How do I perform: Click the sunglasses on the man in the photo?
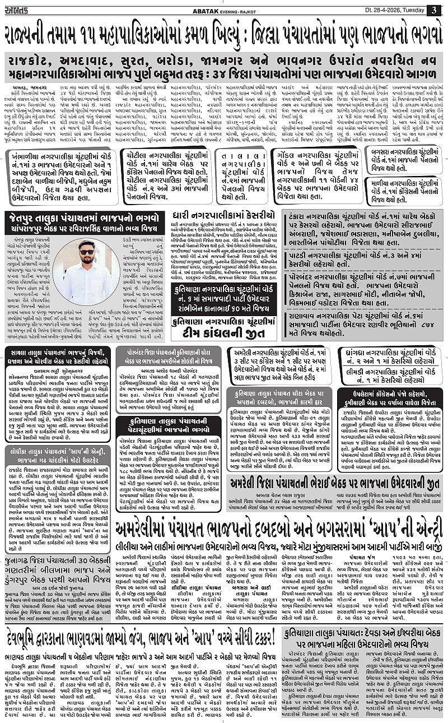click(x=87, y=252)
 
